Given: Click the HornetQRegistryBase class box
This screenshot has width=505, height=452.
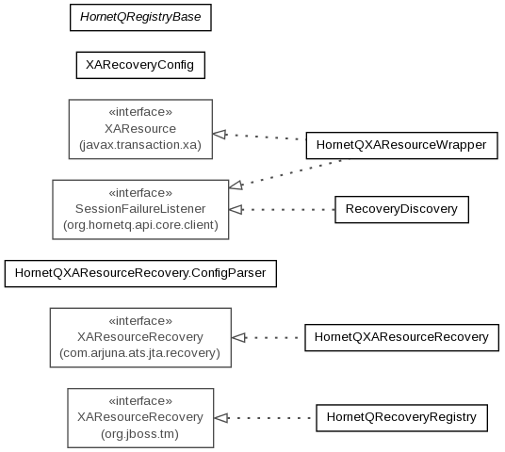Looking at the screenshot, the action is coord(140,17).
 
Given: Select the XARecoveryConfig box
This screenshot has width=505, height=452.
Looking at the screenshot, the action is coord(140,65).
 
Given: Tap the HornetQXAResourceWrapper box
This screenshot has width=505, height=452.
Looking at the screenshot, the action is coord(402,145).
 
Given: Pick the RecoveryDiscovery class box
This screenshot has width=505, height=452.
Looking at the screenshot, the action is coord(401,209).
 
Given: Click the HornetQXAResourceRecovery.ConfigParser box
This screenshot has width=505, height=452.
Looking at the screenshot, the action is coord(140,273).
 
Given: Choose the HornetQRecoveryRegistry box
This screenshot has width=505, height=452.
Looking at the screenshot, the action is coord(401,417).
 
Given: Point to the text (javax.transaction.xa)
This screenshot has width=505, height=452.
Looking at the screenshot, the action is coord(140,145).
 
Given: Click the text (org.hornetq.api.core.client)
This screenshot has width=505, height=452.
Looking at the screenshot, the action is coord(140,225).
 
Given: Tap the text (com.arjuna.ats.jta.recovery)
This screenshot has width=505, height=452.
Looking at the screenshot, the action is coord(139,353).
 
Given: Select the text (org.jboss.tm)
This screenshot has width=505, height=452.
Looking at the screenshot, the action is coord(139,434).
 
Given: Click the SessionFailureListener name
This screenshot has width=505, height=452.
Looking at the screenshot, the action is coord(140,209).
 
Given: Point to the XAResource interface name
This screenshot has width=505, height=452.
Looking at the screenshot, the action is coord(140,129).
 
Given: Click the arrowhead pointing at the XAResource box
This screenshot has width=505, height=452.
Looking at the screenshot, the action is coord(219,134).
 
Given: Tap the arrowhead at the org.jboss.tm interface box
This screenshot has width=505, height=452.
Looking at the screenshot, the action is coord(220,418).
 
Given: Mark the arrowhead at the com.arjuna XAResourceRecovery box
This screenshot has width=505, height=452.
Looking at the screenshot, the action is coord(238,338).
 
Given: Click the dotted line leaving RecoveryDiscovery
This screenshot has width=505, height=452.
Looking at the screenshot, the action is coord(288,210).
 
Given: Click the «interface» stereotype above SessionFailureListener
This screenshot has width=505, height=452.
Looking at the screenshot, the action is coord(140,193).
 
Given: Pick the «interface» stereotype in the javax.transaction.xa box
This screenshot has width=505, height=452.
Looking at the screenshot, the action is coord(140,112).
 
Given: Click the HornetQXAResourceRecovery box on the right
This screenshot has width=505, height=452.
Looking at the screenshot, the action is coord(401,337).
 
